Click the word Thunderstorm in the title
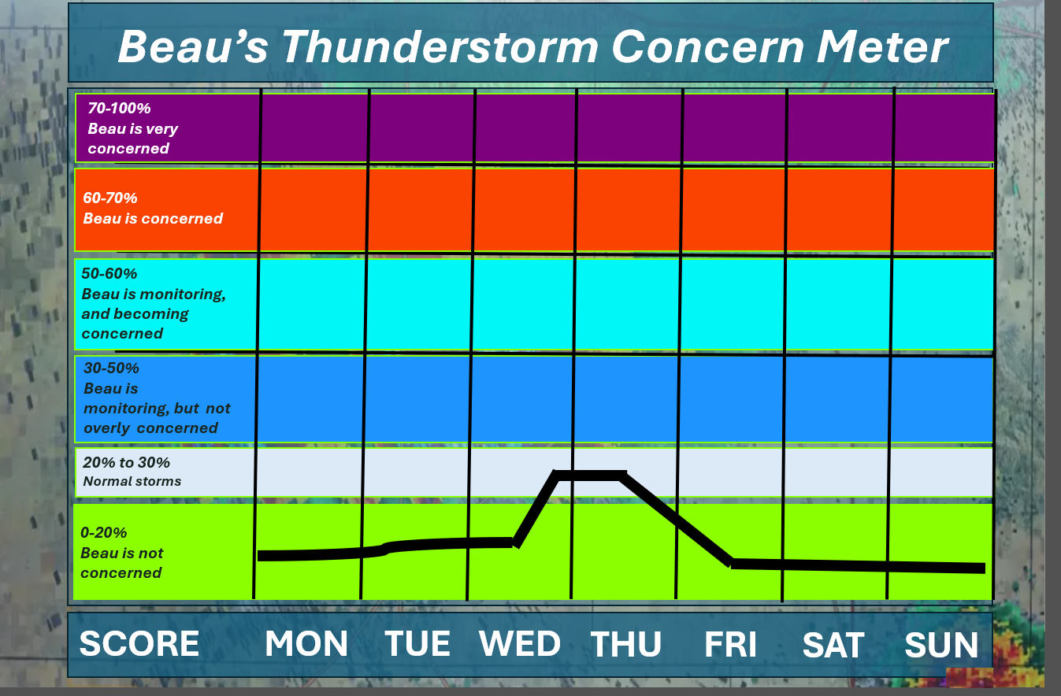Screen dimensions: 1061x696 [x=440, y=46]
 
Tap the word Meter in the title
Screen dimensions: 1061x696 [x=881, y=46]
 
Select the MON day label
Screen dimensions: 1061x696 [x=306, y=643]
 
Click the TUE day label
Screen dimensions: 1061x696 [x=417, y=643]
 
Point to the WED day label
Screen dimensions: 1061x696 [x=520, y=643]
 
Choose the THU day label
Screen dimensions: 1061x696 [x=625, y=644]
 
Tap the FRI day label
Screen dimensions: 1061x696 [x=730, y=644]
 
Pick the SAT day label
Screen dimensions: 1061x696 [x=833, y=645]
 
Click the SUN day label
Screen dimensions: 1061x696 [x=941, y=645]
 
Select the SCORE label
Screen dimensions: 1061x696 [x=139, y=643]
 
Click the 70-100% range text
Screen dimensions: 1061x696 [x=120, y=109]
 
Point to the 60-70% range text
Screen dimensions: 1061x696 [x=110, y=198]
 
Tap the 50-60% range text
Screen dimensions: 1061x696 [x=109, y=274]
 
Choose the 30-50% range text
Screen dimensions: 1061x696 [x=111, y=368]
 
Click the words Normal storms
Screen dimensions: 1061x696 [x=132, y=482]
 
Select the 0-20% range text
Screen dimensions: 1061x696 [x=104, y=533]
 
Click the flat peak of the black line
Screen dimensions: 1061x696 [x=590, y=475]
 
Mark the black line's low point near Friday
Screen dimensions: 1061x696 [x=731, y=564]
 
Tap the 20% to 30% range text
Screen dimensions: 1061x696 [x=127, y=463]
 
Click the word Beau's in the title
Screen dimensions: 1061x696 [x=193, y=46]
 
